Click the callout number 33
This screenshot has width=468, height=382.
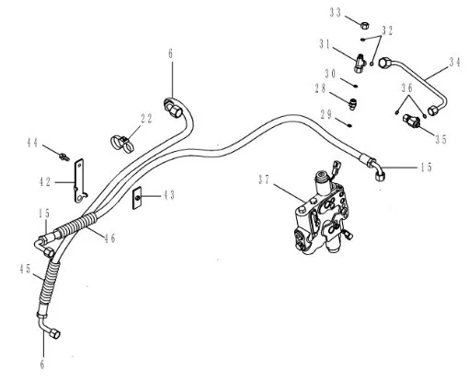(x=336, y=13)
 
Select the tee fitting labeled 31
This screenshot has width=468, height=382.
(x=360, y=63)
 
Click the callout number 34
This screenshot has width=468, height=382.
(x=455, y=63)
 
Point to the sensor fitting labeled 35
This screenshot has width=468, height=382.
(x=412, y=121)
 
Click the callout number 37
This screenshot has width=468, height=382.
(x=264, y=179)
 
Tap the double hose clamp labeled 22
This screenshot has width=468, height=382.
(x=122, y=144)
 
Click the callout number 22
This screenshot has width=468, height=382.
(x=146, y=119)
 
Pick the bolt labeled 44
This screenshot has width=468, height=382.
(x=64, y=156)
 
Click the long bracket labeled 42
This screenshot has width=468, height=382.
(x=80, y=180)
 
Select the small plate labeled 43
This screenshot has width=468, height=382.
(x=137, y=198)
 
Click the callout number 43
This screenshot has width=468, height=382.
(x=168, y=195)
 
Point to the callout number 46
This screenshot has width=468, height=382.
(x=109, y=237)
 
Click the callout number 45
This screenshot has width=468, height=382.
(x=25, y=269)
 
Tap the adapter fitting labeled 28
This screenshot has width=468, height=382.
(x=352, y=103)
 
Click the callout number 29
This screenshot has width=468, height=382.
(x=326, y=115)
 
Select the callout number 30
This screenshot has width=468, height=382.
(x=331, y=74)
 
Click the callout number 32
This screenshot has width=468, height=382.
(x=387, y=30)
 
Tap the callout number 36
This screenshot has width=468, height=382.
(x=407, y=88)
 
